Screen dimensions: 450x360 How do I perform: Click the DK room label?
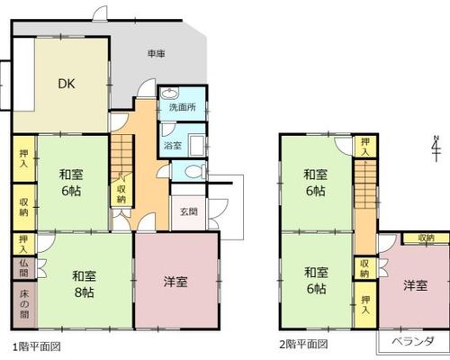click(x=67, y=84)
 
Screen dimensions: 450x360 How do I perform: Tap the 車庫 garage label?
click(x=157, y=54)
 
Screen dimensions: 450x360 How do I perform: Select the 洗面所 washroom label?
click(x=183, y=107)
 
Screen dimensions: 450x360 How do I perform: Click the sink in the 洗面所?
click(x=170, y=94)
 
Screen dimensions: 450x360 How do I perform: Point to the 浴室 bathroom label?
click(x=173, y=146)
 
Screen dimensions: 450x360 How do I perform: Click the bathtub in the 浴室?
click(x=197, y=145)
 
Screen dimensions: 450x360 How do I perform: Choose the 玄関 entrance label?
click(x=189, y=211)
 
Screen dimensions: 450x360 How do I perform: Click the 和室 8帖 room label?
click(x=84, y=283)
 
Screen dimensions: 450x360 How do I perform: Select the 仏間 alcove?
click(x=24, y=268)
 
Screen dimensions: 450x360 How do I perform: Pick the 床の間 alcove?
click(x=24, y=304)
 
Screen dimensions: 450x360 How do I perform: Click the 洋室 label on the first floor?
click(x=175, y=282)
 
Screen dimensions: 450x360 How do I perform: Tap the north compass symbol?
click(x=436, y=148)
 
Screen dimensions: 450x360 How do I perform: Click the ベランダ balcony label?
click(x=413, y=341)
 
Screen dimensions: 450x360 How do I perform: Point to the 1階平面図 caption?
click(x=37, y=346)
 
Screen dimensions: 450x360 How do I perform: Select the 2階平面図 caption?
click(x=303, y=344)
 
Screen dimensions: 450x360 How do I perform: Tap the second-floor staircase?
click(x=365, y=184)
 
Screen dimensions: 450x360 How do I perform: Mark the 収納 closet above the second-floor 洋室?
click(x=426, y=238)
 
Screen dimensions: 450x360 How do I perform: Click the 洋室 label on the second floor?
click(x=416, y=285)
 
